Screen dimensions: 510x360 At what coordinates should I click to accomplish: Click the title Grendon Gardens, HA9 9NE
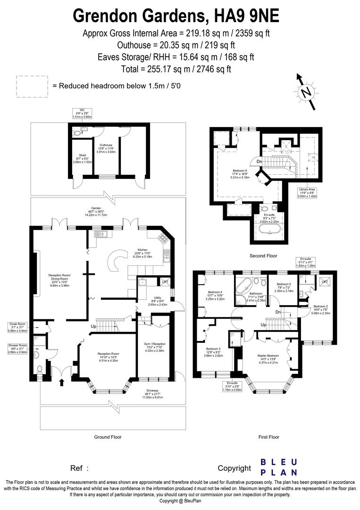pyautogui.click(x=176, y=15)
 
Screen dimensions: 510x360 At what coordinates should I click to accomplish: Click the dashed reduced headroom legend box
pyautogui.click(x=32, y=86)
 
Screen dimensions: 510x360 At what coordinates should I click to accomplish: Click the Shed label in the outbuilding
pyautogui.click(x=83, y=158)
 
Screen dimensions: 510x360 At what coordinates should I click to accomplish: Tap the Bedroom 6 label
pyautogui.click(x=240, y=174)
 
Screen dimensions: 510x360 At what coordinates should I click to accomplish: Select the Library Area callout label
pyautogui.click(x=310, y=193)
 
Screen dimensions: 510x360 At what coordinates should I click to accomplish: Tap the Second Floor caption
pyautogui.click(x=264, y=255)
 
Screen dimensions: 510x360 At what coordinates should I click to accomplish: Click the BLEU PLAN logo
pyautogui.click(x=279, y=467)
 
